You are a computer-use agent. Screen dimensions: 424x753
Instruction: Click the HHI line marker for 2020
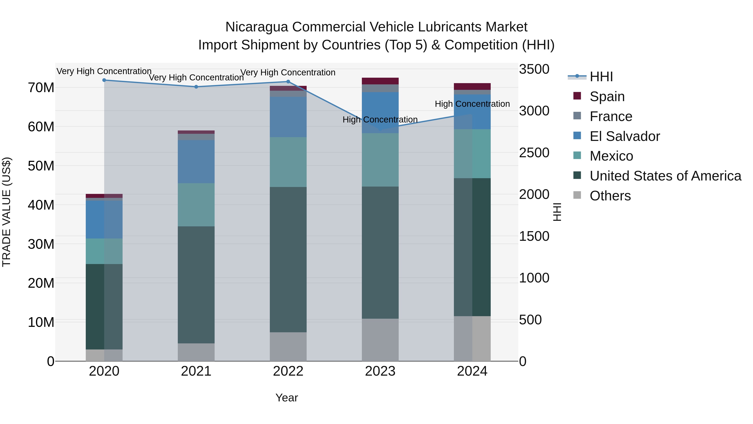pyautogui.click(x=104, y=80)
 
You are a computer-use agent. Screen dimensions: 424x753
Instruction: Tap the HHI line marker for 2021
pyautogui.click(x=196, y=87)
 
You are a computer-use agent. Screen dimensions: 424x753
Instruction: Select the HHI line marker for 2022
pyautogui.click(x=288, y=82)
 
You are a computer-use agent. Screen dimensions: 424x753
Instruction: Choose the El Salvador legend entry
pyautogui.click(x=624, y=136)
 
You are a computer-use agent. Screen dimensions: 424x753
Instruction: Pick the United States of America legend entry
pyautogui.click(x=665, y=176)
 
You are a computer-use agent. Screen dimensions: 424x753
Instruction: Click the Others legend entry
pyautogui.click(x=610, y=196)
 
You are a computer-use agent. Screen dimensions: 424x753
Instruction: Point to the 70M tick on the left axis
pyautogui.click(x=41, y=88)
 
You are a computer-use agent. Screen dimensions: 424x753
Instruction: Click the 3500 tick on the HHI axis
pyautogui.click(x=534, y=69)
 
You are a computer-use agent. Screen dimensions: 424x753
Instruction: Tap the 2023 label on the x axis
pyautogui.click(x=380, y=371)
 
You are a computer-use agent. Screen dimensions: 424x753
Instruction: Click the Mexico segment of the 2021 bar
pyautogui.click(x=196, y=205)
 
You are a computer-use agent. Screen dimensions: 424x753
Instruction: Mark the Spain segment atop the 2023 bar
pyautogui.click(x=380, y=81)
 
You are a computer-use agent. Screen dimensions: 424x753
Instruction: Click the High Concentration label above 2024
pyautogui.click(x=472, y=104)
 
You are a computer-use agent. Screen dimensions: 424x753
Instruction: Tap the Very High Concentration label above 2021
pyautogui.click(x=196, y=77)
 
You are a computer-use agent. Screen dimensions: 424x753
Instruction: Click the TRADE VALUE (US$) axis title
pyautogui.click(x=6, y=212)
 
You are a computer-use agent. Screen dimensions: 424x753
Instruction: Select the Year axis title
pyautogui.click(x=287, y=398)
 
